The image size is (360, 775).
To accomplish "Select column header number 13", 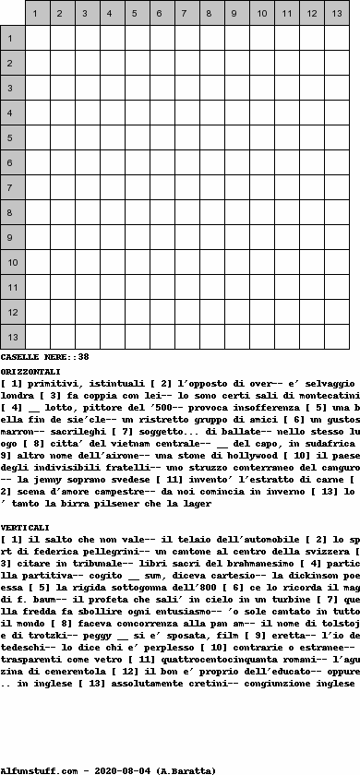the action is coord(337,14).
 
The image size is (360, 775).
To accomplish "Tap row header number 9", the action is coord(12,237).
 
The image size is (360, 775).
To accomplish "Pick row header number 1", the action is coord(12,38).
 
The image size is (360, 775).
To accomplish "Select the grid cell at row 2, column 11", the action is coord(287,63).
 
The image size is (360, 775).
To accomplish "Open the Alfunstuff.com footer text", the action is coord(40,769).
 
